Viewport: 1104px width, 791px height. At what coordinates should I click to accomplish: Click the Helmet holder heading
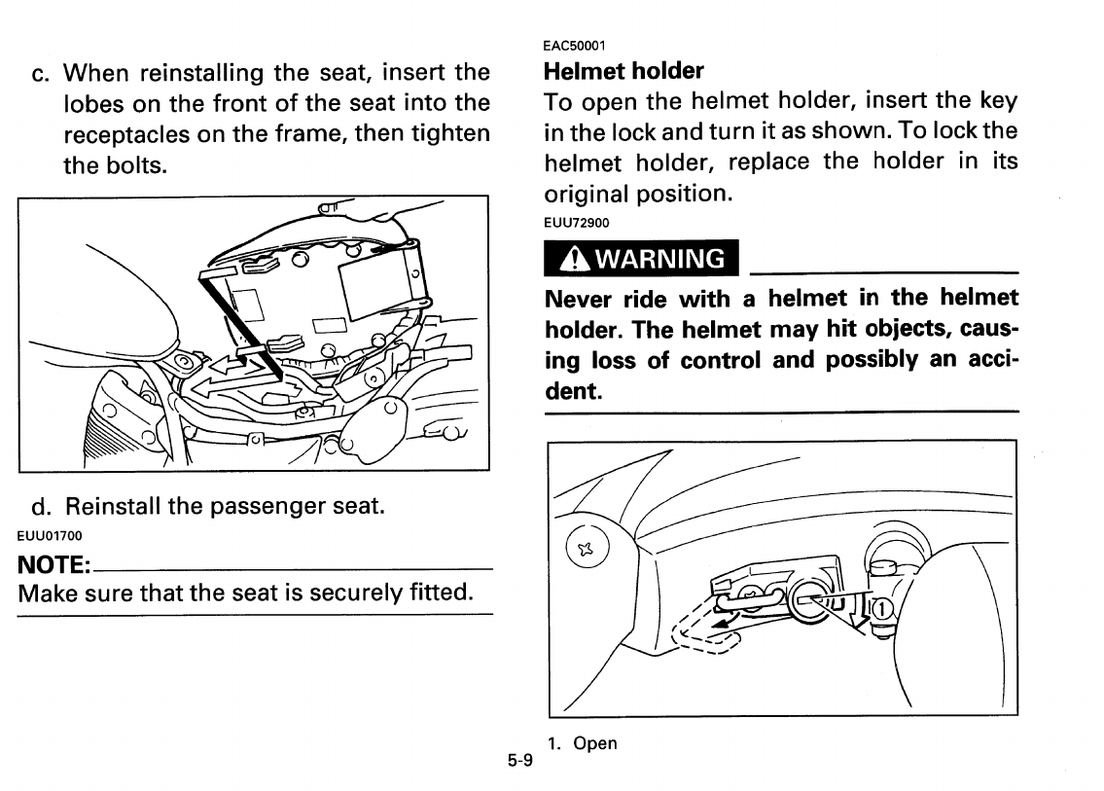623,71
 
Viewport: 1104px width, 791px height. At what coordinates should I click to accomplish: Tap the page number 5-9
519,762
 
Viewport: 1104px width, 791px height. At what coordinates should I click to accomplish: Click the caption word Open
595,743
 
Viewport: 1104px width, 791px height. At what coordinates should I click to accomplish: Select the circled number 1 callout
878,608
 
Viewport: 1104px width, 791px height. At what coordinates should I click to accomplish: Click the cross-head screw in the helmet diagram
586,551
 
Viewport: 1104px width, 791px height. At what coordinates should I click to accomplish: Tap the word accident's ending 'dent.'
574,391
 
